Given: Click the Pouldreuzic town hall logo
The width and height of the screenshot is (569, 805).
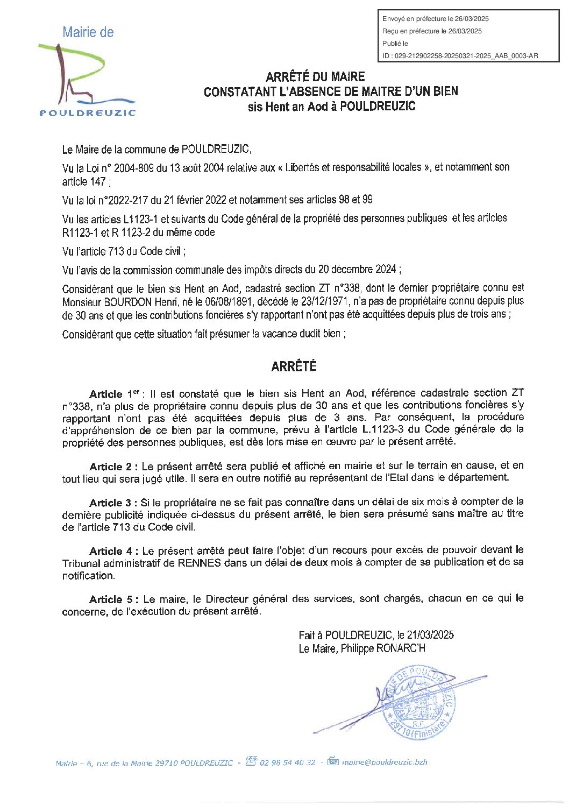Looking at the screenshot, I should [x=87, y=73].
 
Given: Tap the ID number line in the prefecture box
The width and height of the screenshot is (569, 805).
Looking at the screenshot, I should [x=460, y=56].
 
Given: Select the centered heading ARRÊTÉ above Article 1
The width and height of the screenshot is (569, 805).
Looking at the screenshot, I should [x=294, y=366].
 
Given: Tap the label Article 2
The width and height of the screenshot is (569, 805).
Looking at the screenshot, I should [x=113, y=466].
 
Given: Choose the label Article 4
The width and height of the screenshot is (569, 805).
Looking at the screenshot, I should [x=113, y=551].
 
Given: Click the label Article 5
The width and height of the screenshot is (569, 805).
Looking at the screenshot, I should [x=113, y=599].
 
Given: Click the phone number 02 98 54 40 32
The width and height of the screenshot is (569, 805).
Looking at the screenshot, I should [x=287, y=762].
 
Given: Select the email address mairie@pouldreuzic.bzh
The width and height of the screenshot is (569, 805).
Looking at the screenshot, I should [x=385, y=762].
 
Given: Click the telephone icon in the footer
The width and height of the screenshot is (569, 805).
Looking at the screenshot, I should [x=252, y=761].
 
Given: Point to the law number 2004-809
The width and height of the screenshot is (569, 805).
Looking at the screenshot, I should [x=134, y=168].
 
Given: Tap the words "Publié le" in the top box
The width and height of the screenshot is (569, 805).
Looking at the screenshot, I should [x=395, y=44].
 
